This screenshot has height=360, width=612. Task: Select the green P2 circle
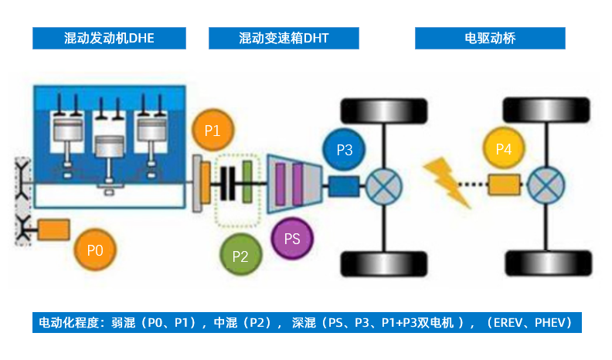tap(240, 256)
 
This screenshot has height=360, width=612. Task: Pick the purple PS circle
tap(292, 238)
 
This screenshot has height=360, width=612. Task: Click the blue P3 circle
tap(345, 150)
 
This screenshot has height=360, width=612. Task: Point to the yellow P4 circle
tap(504, 148)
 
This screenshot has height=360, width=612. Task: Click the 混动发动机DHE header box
tap(109, 38)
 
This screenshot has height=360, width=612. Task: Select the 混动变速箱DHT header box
tap(284, 38)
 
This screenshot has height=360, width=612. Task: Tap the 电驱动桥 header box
tap(490, 38)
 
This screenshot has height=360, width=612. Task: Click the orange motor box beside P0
tap(53, 229)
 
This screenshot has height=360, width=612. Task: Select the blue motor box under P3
tap(344, 185)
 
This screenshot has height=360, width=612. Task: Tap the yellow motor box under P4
tap(503, 185)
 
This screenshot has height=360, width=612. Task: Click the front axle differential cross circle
tap(382, 185)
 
